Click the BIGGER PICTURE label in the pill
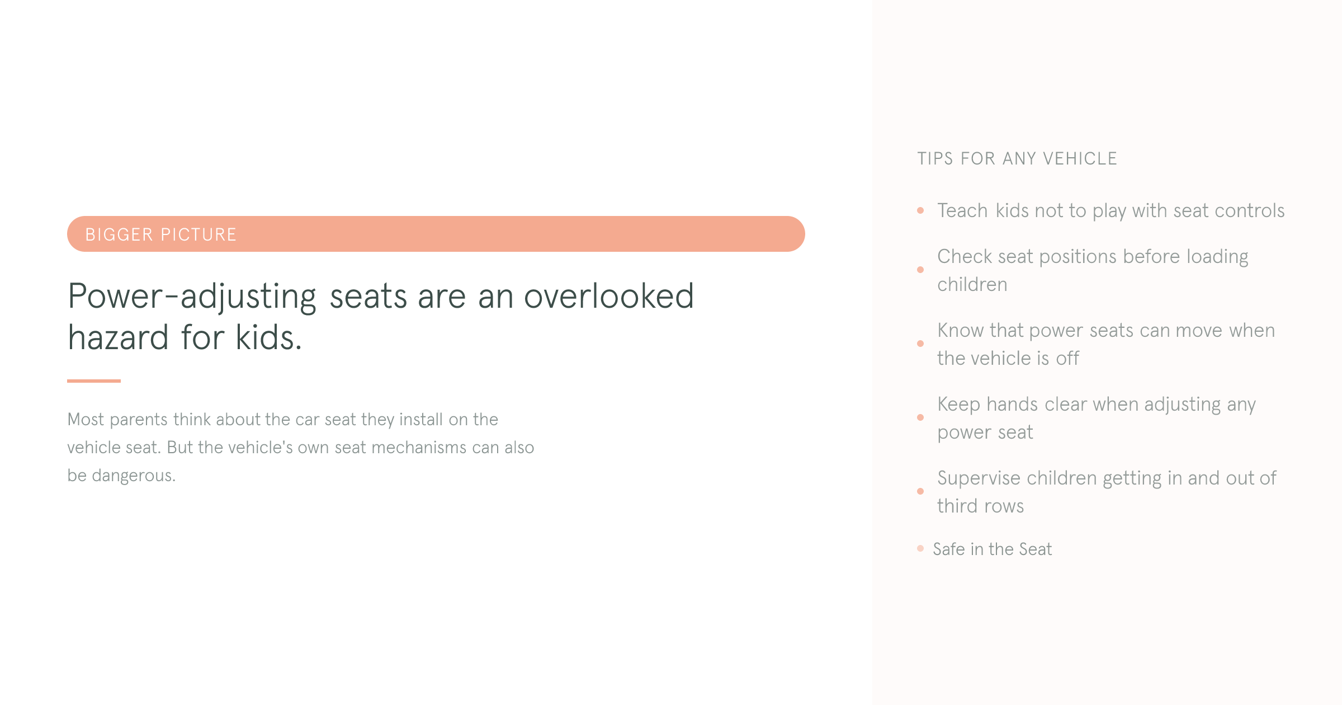click(160, 234)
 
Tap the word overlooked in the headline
click(608, 296)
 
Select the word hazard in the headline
click(118, 338)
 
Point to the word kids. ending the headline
click(268, 338)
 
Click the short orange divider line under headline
click(94, 381)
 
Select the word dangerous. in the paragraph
click(134, 476)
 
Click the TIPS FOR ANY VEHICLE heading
click(1017, 159)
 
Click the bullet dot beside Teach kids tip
click(920, 210)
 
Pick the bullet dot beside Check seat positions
click(920, 270)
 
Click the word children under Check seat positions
click(972, 285)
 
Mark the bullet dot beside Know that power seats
click(920, 344)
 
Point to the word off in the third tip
click(1067, 359)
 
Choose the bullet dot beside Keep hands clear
click(920, 417)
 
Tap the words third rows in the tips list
click(980, 506)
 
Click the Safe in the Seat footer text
click(992, 549)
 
